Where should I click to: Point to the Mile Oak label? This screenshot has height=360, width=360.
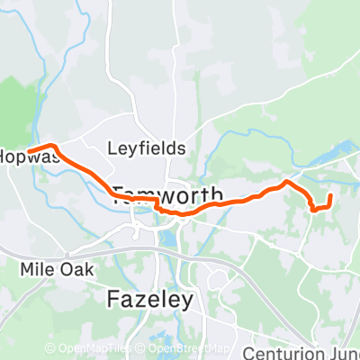point(51,267)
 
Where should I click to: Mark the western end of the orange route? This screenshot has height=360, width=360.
point(29,150)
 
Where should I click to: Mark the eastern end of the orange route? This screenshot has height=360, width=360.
point(330,195)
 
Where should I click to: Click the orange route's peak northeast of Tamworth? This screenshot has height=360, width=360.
point(287,182)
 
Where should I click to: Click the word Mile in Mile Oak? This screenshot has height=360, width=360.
point(36,267)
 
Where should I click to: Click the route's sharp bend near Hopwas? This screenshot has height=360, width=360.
point(53,146)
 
